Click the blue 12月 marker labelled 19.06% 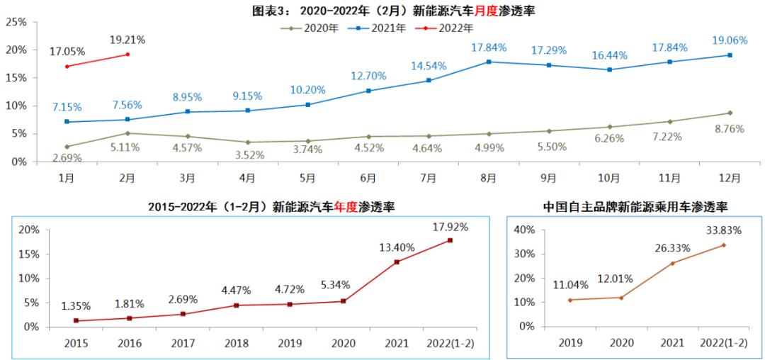(x=730, y=55)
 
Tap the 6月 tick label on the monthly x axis (x=368, y=177)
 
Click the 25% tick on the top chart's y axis (x=16, y=22)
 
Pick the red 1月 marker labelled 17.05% (x=67, y=67)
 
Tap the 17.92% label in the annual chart (x=450, y=227)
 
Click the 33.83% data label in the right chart (x=722, y=230)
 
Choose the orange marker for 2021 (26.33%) (x=672, y=263)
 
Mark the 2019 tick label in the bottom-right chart (x=570, y=343)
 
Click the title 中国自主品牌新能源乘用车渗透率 (x=635, y=207)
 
